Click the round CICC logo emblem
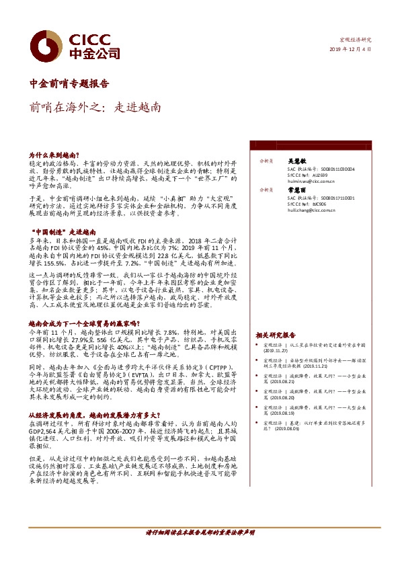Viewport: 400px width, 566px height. click(x=48, y=46)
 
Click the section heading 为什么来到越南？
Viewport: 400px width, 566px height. click(x=54, y=155)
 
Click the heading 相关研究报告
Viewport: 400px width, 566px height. click(x=275, y=334)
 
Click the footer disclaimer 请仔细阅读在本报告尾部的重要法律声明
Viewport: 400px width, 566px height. click(x=200, y=532)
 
